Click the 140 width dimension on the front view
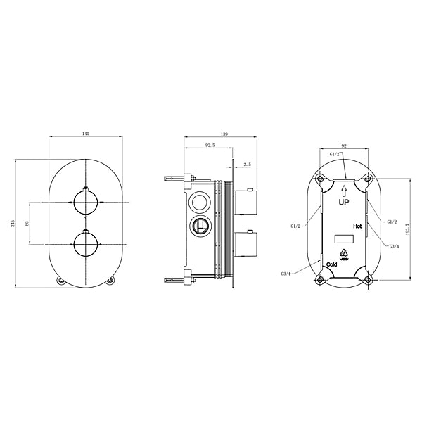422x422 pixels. click(85, 133)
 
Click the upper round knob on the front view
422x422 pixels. click(85, 203)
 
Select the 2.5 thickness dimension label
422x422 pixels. click(247, 164)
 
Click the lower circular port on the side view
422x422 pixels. click(200, 226)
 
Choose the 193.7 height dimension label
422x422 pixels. click(407, 228)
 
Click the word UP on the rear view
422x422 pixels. click(345, 202)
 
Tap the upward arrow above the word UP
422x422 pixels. click(345, 188)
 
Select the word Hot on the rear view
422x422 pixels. click(357, 226)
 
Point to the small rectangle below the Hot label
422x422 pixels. click(343, 238)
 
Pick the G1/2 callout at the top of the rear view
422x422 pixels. click(335, 154)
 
